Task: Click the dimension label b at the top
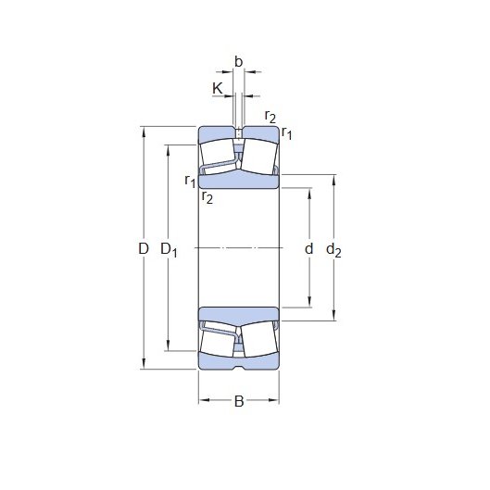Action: pos(238,62)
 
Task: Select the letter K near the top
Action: pos(217,88)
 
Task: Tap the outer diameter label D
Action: pos(144,249)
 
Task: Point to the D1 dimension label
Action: pos(169,250)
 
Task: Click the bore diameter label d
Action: pos(308,249)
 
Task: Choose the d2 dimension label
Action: pos(333,250)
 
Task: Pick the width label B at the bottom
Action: pos(239,401)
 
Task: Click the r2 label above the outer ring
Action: pos(270,117)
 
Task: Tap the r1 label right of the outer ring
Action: pos(286,133)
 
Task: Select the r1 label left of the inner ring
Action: pos(190,181)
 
